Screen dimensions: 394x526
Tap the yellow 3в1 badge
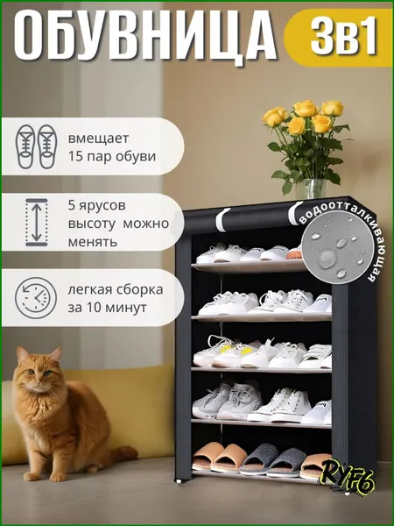pos(338,37)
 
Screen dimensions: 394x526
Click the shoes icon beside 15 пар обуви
pos(37,146)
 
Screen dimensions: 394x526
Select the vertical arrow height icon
pos(37,222)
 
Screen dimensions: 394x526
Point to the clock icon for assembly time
pos(36,298)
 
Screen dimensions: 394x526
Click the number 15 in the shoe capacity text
pos(75,156)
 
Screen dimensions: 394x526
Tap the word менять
pos(93,242)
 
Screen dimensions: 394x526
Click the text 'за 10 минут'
pos(107,308)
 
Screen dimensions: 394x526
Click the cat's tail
pos(123,454)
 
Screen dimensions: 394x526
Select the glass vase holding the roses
pos(311,188)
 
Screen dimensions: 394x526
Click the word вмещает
pos(98,139)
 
